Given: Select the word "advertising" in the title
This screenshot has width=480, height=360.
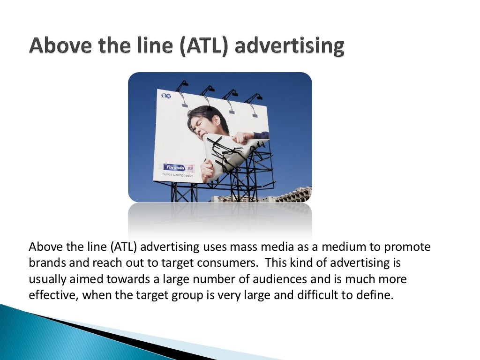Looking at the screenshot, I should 290,46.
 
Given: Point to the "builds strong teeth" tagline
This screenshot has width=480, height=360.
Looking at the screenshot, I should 177,175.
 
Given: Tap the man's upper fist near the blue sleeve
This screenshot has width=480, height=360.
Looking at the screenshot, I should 244,137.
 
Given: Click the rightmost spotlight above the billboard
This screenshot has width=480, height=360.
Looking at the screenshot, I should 256,98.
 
